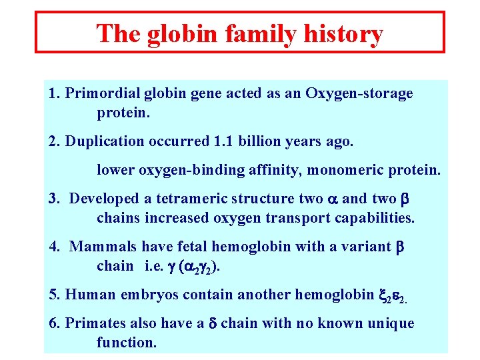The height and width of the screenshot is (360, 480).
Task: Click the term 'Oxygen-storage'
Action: point(359,94)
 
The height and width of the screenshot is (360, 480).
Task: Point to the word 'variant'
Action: point(365,247)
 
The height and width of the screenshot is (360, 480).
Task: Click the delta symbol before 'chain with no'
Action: point(213,324)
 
